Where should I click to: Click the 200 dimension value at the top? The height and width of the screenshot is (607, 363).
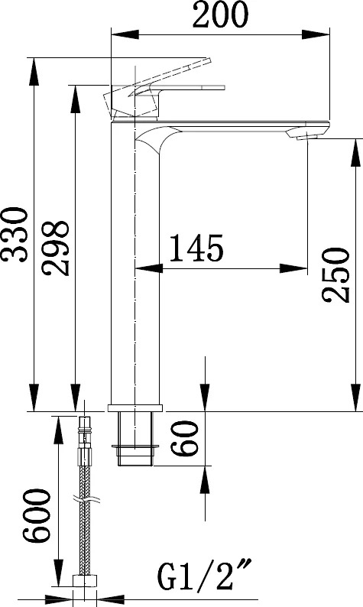pos(220,15)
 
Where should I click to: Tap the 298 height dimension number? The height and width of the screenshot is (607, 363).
pos(57,248)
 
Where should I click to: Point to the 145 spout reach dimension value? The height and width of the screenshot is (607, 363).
pos(196,248)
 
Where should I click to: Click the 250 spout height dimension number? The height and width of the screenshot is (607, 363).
pos(335,275)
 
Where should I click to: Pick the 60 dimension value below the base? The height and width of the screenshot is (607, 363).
pos(185,438)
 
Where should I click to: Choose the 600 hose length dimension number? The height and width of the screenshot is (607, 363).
pos(37,515)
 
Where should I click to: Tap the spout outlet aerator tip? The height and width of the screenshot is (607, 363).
pos(308,136)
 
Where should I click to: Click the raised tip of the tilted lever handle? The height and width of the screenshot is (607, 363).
pos(208,61)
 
